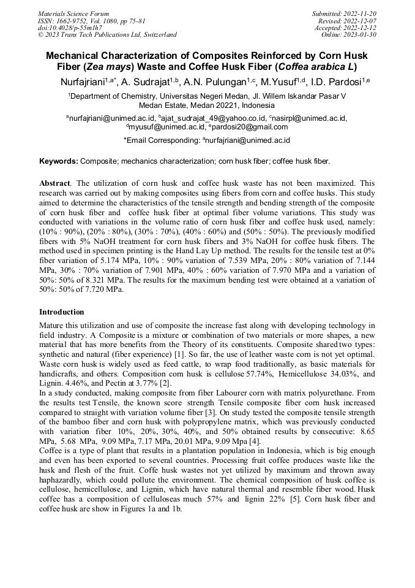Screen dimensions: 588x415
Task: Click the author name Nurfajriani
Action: click(81, 82)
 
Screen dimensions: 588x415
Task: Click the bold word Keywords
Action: click(58, 161)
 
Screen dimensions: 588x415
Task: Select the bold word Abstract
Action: click(54, 183)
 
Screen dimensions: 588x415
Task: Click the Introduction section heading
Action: click(62, 312)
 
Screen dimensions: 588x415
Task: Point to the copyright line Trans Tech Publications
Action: click(107, 35)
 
